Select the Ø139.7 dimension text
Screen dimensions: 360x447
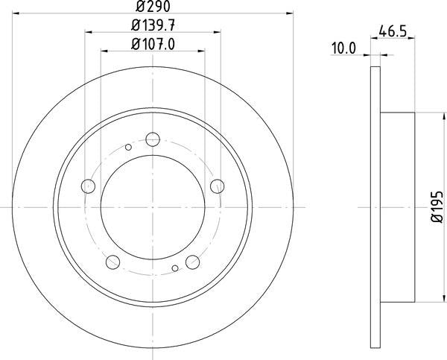point(153,27)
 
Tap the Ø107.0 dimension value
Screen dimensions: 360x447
point(153,45)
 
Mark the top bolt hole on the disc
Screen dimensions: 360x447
point(153,139)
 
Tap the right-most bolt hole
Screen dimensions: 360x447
point(217,185)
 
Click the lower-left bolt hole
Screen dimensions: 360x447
point(113,261)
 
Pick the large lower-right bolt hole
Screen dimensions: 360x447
point(192,261)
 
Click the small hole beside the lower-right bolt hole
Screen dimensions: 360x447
point(174,268)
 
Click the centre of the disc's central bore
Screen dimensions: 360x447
point(153,205)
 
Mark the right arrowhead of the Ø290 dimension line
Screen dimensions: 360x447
point(291,16)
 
